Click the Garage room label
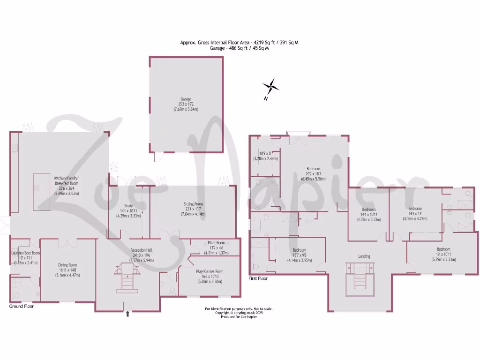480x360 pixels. click(x=185, y=104)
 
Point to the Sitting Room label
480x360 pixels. click(x=193, y=204)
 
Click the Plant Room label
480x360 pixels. click(x=216, y=243)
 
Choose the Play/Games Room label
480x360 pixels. click(x=209, y=271)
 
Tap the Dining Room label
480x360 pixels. click(x=67, y=265)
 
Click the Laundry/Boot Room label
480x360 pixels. click(x=26, y=253)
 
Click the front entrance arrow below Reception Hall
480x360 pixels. click(x=127, y=314)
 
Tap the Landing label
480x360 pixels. click(x=364, y=256)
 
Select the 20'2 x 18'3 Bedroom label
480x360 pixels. click(x=313, y=169)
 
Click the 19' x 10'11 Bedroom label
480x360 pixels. click(x=443, y=249)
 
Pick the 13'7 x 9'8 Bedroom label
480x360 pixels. click(x=299, y=250)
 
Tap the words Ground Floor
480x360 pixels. click(x=22, y=306)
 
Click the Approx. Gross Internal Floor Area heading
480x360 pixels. click(x=239, y=42)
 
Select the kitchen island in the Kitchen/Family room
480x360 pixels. click(x=41, y=192)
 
